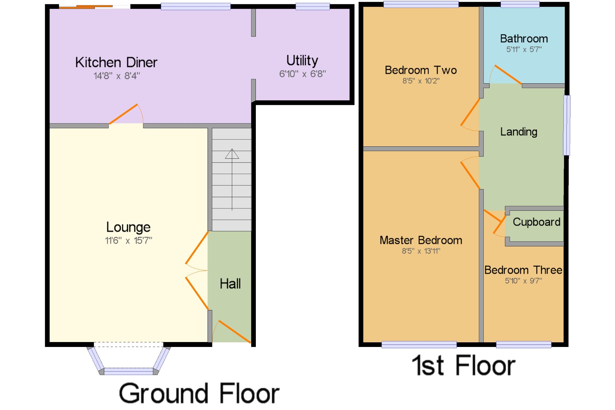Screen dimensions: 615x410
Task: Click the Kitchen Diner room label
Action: click(116, 62)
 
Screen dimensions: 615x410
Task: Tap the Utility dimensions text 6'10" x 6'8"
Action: click(302, 74)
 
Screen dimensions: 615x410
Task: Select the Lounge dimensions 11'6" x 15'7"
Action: click(129, 240)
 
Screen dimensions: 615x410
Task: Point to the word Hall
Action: click(230, 284)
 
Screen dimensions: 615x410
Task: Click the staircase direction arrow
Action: click(232, 180)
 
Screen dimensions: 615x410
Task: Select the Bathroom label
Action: click(524, 39)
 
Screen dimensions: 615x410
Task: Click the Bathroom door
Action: click(506, 74)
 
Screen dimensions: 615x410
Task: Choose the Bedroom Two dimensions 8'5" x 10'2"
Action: click(421, 81)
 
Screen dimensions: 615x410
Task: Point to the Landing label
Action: click(519, 132)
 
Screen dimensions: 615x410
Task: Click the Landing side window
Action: click(566, 125)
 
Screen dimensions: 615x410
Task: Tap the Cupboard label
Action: click(537, 222)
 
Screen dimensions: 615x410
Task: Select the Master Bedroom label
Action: click(421, 240)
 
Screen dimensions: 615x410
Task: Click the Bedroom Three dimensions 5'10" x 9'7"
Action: click(523, 281)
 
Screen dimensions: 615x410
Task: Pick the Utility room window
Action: click(313, 6)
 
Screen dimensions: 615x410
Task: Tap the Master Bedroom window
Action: click(419, 344)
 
